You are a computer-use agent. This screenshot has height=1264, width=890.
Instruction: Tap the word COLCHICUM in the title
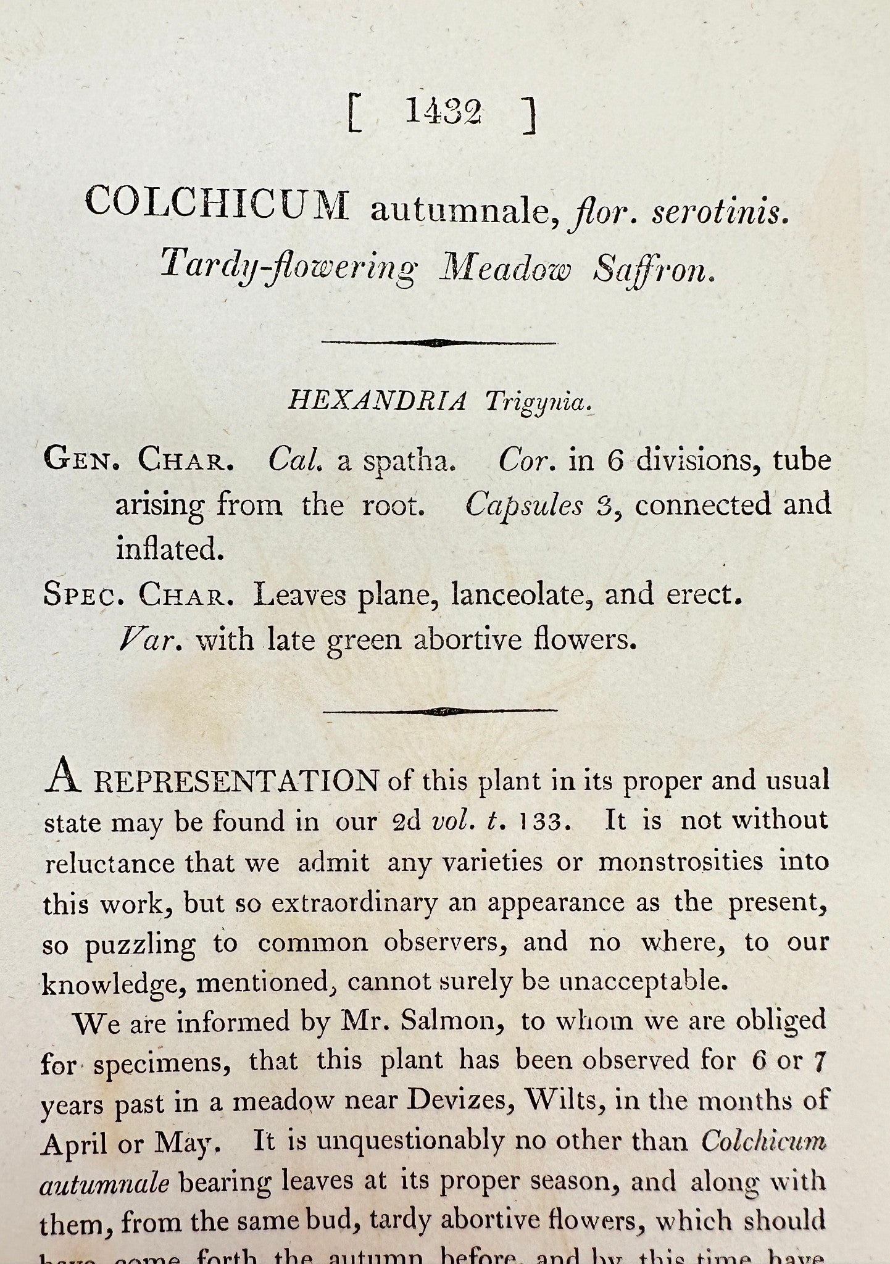click(217, 205)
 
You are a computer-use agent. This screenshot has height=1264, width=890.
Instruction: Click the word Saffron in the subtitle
click(654, 269)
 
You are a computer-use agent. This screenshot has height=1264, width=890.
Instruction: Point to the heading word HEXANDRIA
click(378, 402)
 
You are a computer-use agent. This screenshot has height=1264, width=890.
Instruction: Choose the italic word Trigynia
click(538, 404)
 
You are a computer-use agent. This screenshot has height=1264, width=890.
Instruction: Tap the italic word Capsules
click(523, 506)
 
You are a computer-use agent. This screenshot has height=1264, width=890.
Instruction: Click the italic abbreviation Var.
click(150, 640)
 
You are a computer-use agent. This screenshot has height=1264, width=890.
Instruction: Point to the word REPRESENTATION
click(236, 782)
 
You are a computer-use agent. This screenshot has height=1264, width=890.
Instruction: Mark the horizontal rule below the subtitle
click(439, 343)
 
